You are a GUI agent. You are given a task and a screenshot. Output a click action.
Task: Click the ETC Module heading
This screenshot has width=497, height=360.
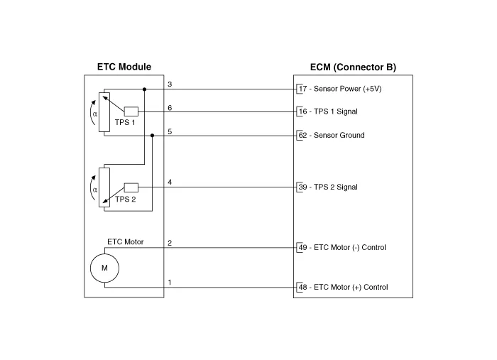(124, 67)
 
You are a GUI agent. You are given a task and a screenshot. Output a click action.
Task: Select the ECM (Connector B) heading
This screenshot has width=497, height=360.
(353, 67)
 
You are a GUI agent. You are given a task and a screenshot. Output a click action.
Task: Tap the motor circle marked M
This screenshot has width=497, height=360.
(104, 268)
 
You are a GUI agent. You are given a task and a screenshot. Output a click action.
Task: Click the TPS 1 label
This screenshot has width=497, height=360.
(125, 122)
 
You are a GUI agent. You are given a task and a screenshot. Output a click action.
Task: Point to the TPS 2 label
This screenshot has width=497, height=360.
(125, 199)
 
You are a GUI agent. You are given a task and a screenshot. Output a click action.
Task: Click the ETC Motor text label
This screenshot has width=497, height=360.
(125, 242)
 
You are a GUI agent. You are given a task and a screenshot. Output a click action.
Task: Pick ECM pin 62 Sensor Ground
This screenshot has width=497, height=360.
(332, 135)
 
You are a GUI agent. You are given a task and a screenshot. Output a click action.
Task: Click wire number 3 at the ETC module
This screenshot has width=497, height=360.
(170, 84)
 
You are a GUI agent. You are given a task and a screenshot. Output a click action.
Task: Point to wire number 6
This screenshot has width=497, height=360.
(170, 107)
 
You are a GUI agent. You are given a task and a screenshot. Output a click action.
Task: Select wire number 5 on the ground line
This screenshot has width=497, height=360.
(170, 131)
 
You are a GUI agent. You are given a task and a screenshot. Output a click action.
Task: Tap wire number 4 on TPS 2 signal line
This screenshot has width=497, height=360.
(170, 182)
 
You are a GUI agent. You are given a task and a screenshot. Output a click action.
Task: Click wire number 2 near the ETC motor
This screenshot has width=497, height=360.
(170, 243)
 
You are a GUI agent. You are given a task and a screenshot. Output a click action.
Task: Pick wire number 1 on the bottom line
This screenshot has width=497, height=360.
(170, 283)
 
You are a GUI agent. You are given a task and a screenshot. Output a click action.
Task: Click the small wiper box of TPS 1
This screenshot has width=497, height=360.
(131, 111)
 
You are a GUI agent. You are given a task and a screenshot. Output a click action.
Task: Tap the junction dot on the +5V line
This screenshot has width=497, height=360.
(144, 89)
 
